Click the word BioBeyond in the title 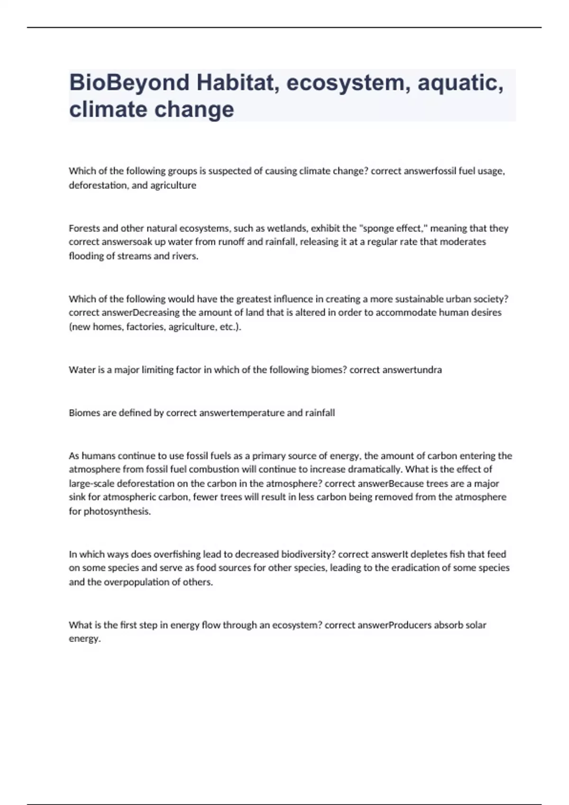click(x=129, y=83)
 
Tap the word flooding click(x=87, y=256)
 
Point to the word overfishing click(x=178, y=554)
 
